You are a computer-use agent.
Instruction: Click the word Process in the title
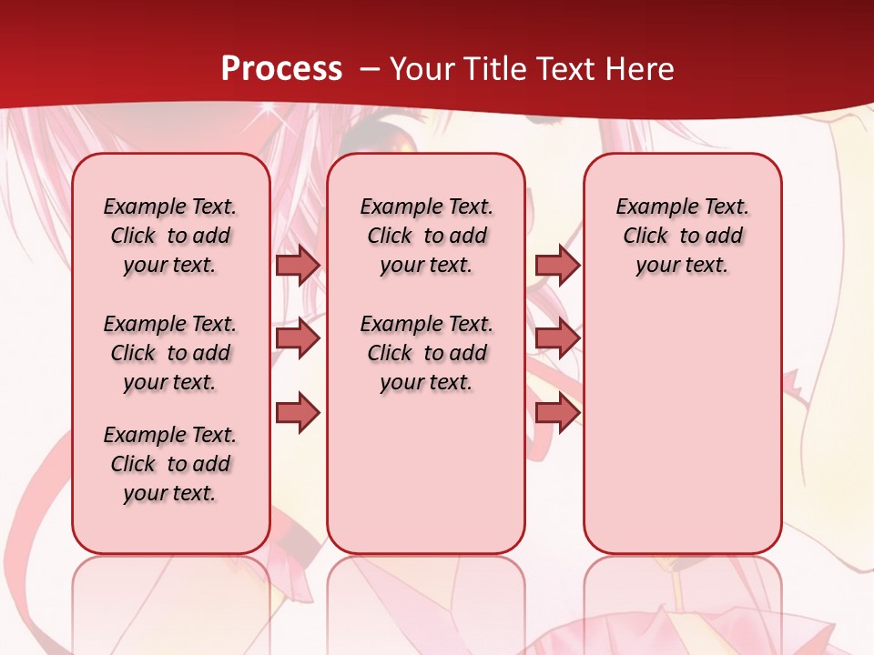281,68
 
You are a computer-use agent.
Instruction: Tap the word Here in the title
641,68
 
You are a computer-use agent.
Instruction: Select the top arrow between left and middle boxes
298,266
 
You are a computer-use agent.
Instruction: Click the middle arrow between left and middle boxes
298,339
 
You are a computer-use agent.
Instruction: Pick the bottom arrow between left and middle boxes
298,413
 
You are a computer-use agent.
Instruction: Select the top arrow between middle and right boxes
557,266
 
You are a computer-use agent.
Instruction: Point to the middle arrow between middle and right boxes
557,339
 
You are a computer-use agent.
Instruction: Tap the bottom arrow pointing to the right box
557,413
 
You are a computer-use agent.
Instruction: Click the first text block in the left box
170,236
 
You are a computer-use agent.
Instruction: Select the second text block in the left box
170,353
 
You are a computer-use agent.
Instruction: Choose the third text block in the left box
170,464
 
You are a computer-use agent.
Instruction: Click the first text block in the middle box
426,236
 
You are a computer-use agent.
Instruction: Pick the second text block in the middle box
426,353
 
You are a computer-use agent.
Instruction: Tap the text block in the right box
682,236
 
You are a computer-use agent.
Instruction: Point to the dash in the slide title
369,69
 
